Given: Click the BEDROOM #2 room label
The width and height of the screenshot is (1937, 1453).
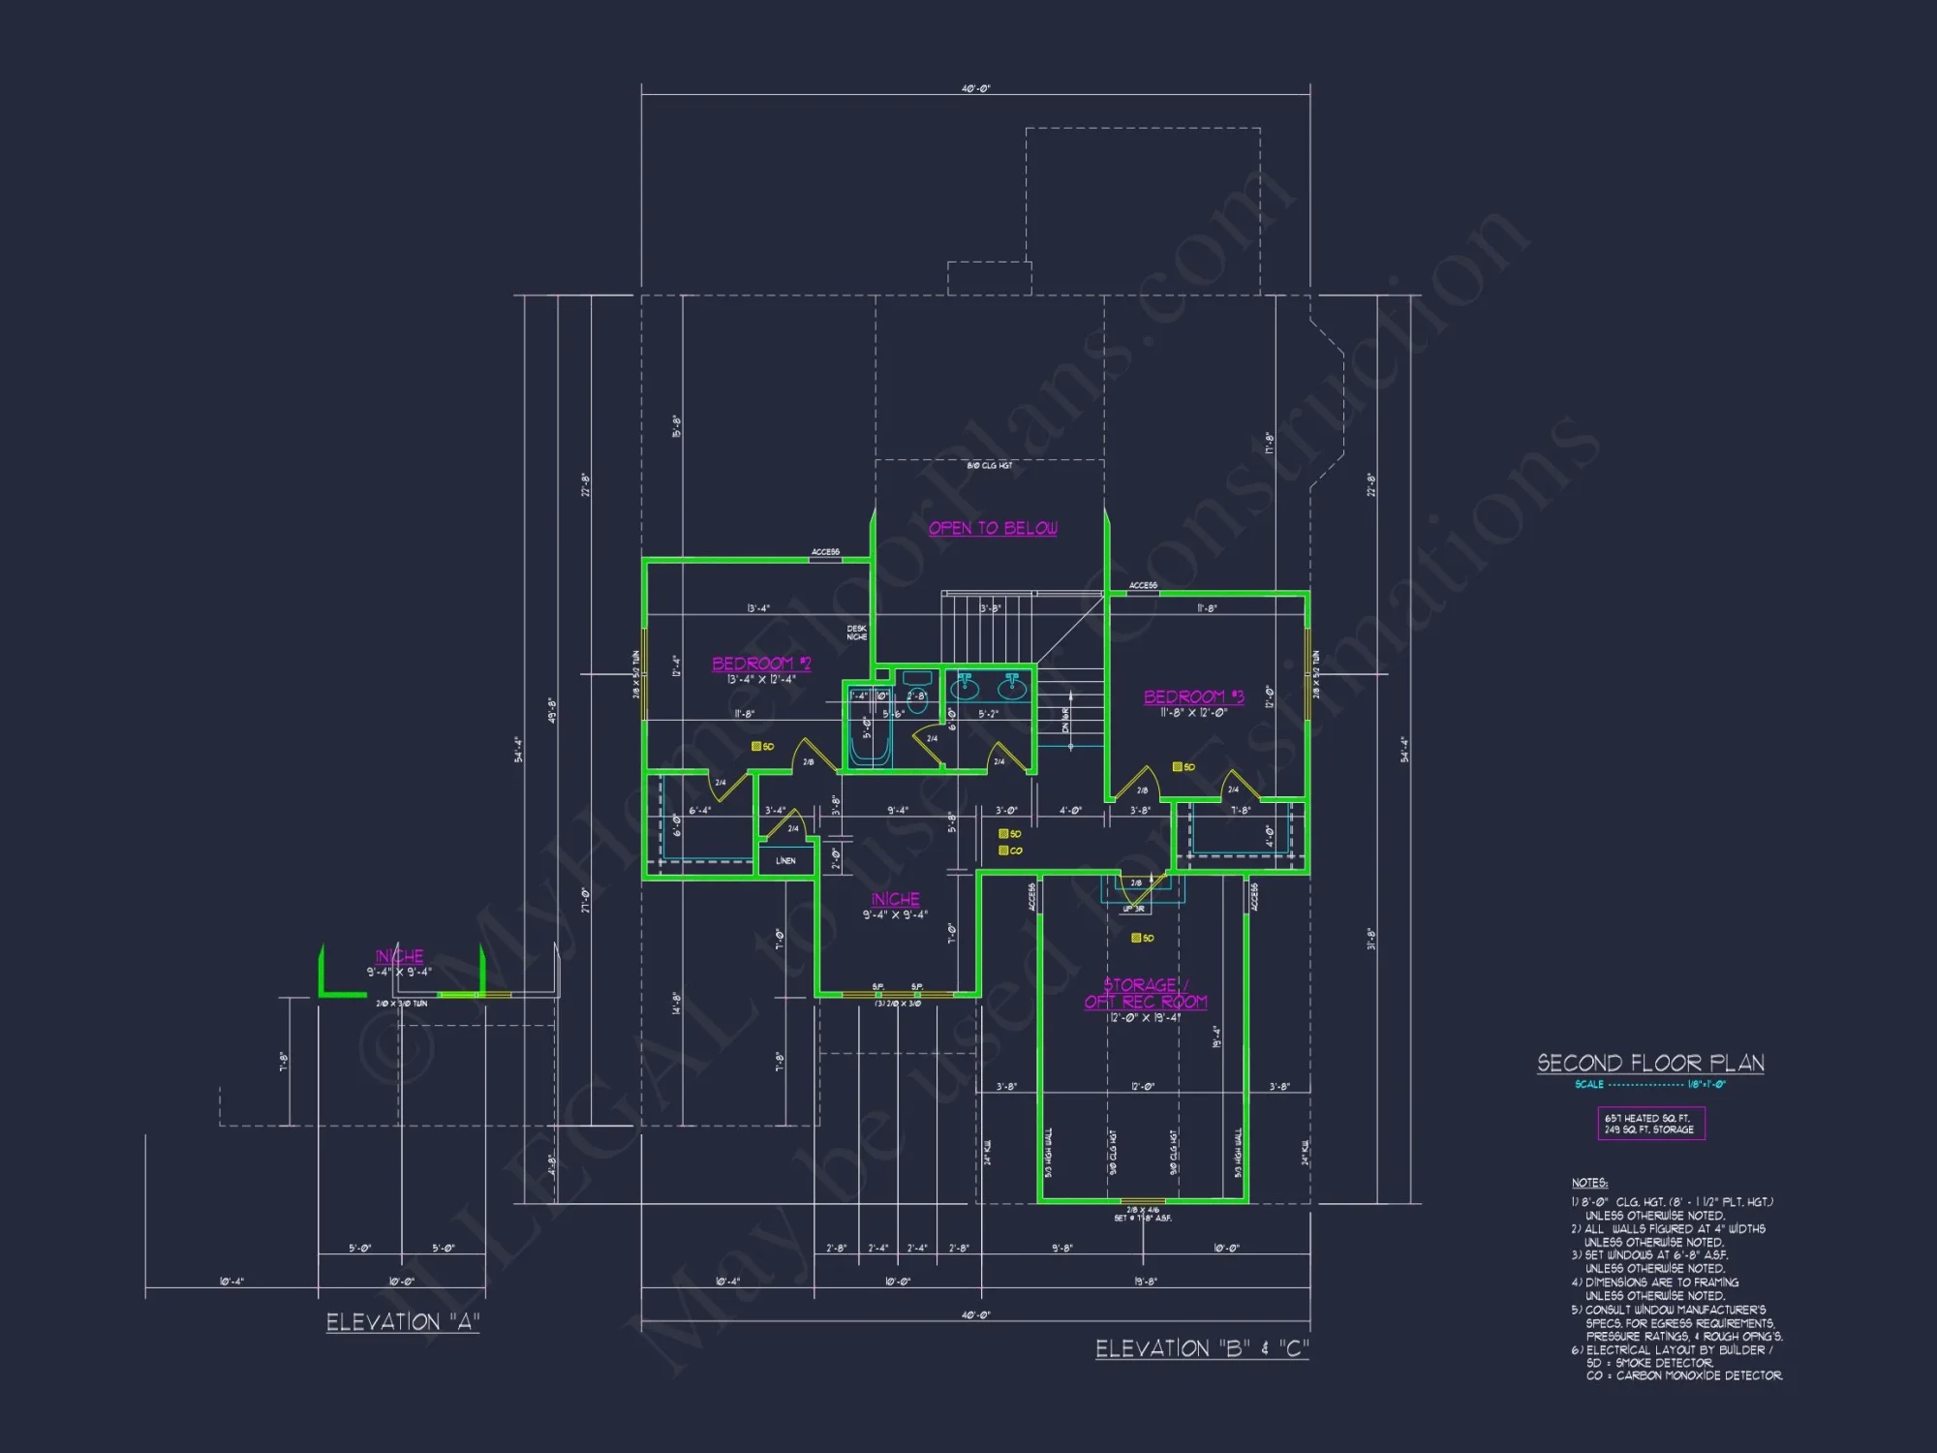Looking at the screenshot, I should click(761, 664).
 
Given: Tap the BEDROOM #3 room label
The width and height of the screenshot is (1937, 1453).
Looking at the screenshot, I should click(1193, 696).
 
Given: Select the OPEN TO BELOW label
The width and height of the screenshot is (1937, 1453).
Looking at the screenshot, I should click(993, 528).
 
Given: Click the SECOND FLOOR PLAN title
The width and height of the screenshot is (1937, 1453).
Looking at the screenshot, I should click(1650, 1063).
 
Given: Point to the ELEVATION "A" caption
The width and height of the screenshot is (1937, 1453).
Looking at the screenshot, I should click(403, 1322).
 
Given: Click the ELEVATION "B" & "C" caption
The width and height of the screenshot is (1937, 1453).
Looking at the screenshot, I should click(1202, 1348).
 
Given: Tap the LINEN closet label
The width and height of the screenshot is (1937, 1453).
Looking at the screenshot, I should click(785, 860).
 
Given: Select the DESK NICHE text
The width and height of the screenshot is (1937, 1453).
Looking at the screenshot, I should click(857, 633).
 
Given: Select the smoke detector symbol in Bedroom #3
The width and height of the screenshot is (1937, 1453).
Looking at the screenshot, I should click(1177, 766).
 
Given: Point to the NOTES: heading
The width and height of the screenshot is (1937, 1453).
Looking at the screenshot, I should click(1589, 1183).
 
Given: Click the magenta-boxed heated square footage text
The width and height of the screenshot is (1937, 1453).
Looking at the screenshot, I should click(1650, 1124).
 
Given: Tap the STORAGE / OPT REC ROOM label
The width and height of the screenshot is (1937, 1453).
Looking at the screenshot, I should click(1146, 993).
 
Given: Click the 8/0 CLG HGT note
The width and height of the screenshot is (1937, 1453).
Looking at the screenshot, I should click(989, 466).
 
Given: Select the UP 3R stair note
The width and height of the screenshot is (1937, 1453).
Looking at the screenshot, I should click(1133, 909).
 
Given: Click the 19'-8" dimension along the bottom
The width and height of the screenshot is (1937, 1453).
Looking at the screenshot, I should click(1145, 1281).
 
